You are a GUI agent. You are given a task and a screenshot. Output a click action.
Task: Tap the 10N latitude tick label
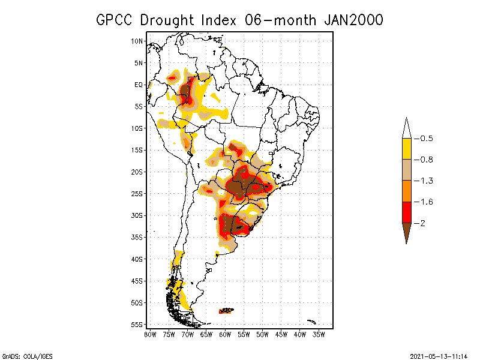coord(137,41)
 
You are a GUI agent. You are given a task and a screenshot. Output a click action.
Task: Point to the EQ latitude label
coord(139,85)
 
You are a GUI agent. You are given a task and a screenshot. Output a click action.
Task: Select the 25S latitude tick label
coord(137,193)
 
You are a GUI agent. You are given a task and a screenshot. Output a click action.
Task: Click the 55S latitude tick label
coord(137,324)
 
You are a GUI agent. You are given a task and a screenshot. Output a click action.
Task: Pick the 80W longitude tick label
coord(150,334)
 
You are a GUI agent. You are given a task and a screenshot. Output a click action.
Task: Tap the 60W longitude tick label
coord(225,334)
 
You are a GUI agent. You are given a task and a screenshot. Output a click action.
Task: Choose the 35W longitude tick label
coord(319,334)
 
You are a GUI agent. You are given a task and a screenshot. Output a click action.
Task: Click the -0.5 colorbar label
coord(426,139)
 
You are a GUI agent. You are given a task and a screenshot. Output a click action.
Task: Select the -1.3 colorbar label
coord(426,181)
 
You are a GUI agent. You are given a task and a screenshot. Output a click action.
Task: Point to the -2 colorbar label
coord(423,223)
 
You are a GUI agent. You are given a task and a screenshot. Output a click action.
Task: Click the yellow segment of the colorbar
coord(406,149)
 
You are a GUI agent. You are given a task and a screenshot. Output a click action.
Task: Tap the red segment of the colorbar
coord(406,212)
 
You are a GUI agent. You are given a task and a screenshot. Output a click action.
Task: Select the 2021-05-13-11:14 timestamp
coord(438,356)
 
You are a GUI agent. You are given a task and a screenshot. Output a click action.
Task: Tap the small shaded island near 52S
coord(227,310)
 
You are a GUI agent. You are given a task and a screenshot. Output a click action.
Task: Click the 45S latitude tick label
coord(137,281)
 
